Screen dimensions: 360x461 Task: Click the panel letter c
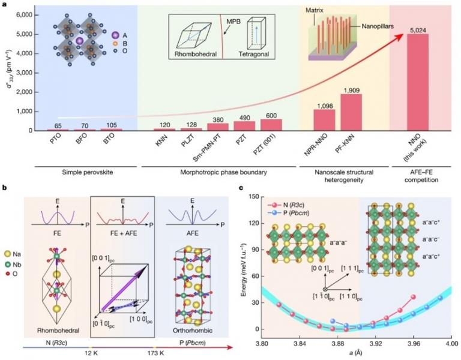[x=241, y=188]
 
